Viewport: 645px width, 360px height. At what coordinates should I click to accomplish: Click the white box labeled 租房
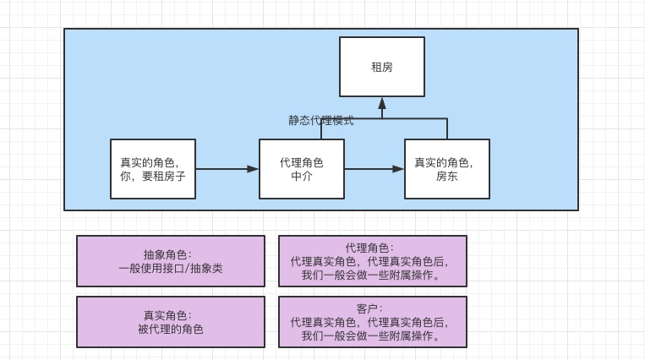click(x=381, y=67)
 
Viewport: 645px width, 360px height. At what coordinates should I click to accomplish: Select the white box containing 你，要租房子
click(x=153, y=169)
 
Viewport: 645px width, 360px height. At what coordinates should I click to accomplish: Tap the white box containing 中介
click(x=302, y=169)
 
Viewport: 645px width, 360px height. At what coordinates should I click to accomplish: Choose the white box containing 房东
click(x=446, y=169)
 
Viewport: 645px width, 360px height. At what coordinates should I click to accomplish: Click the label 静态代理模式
click(x=320, y=121)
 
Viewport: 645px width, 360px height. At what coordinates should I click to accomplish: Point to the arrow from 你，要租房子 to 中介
click(x=227, y=169)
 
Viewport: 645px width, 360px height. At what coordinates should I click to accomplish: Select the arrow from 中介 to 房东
click(x=374, y=169)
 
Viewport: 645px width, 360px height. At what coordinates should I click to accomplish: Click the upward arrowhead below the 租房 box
click(x=382, y=103)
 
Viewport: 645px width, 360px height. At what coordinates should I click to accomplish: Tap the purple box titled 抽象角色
click(x=171, y=261)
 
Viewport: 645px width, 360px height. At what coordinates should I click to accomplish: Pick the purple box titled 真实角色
click(x=171, y=322)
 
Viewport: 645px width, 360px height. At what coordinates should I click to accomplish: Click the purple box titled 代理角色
click(x=372, y=261)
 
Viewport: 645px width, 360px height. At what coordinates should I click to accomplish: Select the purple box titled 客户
click(x=372, y=322)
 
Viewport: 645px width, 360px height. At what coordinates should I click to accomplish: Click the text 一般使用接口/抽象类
click(x=171, y=269)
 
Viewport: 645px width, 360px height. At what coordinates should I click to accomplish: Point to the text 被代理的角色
click(x=171, y=330)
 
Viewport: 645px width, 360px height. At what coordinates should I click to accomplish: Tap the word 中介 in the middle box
click(x=302, y=177)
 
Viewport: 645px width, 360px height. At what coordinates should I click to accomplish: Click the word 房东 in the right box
click(x=446, y=177)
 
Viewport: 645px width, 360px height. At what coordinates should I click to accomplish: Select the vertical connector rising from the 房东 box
click(x=447, y=129)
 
